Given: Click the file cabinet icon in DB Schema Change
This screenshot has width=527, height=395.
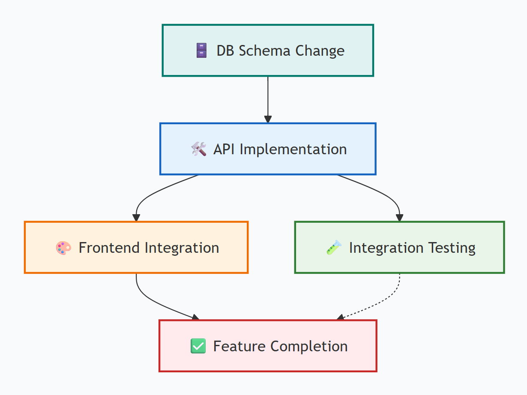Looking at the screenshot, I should [x=201, y=51].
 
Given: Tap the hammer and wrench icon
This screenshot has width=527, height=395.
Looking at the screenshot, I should [x=198, y=149].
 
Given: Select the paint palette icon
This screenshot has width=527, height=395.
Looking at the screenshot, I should [x=63, y=248].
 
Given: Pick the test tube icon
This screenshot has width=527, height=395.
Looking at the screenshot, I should [x=334, y=248].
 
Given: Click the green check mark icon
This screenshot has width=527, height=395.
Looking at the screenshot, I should [x=198, y=346].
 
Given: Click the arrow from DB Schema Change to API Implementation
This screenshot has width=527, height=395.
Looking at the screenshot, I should [x=268, y=99].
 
